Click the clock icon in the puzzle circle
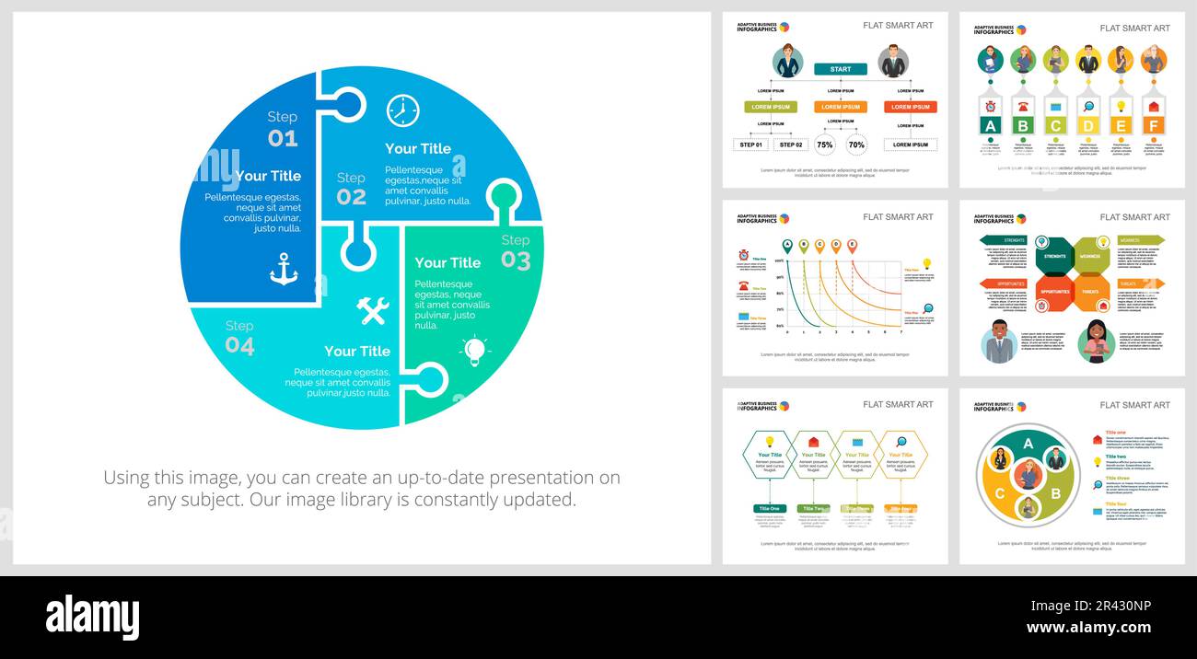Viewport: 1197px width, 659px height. [x=402, y=110]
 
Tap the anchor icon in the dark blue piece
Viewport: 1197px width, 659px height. [x=284, y=269]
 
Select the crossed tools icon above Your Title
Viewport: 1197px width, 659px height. [x=373, y=310]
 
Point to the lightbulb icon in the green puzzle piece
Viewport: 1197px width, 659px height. [x=474, y=350]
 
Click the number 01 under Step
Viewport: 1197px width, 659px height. [x=283, y=139]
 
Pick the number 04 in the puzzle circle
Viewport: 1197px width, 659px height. [x=239, y=346]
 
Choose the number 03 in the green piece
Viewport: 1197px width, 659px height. [x=516, y=261]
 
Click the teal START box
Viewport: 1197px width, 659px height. [x=840, y=69]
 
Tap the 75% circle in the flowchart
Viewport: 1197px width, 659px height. [x=825, y=145]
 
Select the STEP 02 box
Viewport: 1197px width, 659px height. [x=791, y=145]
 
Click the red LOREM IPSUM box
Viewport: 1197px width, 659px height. [x=911, y=107]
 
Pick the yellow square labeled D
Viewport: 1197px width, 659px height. [x=1087, y=126]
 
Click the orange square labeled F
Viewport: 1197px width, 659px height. [x=1153, y=126]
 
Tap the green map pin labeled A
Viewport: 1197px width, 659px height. [x=787, y=246]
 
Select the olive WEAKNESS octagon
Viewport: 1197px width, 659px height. [x=1089, y=257]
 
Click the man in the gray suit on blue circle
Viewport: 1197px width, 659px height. [x=998, y=343]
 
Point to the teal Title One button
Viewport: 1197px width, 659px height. [x=770, y=508]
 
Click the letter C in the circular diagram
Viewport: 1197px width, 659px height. [x=1000, y=493]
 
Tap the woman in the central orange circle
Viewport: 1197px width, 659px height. [x=1028, y=475]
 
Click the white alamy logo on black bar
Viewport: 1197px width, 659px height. [x=92, y=617]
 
